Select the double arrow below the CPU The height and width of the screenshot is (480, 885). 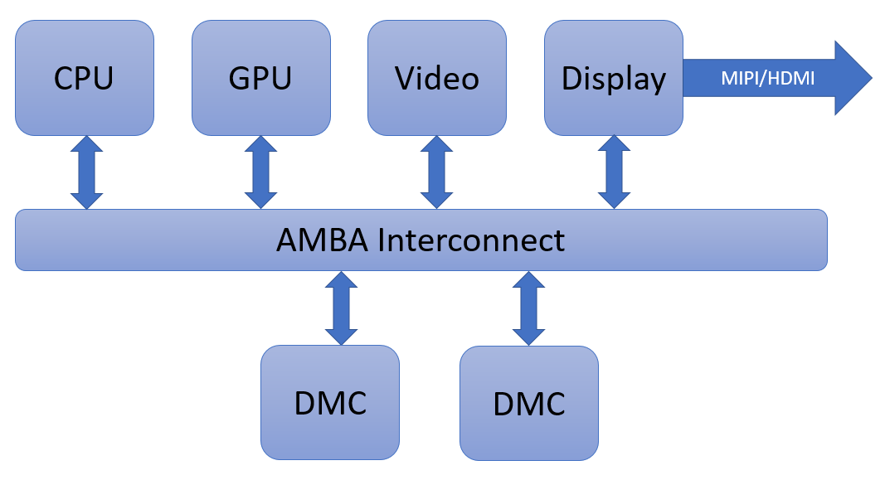pos(86,172)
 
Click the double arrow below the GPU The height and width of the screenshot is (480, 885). pos(260,172)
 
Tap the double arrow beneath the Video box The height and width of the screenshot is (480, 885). pos(437,172)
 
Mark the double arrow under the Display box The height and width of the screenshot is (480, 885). pos(614,172)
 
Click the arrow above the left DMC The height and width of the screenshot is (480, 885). pos(342,308)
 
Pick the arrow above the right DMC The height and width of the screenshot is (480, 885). pos(528,308)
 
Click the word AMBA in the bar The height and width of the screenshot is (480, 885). pos(322,240)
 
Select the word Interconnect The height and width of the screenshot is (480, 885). pos(470,240)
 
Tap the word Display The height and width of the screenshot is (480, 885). pos(614,79)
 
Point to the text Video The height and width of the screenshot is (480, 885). pos(437,79)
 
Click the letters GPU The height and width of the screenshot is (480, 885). pos(260,79)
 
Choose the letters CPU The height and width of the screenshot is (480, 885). pos(84,79)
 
